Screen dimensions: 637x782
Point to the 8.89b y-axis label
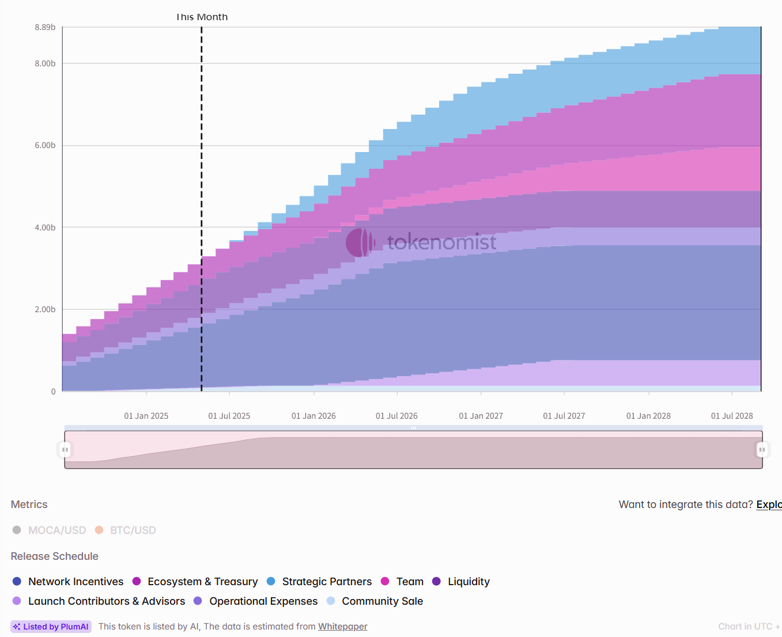pos(45,27)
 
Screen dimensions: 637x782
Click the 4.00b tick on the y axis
pos(45,227)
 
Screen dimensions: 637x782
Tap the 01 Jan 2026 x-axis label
pos(313,416)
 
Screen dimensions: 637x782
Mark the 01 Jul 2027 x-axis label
pos(564,416)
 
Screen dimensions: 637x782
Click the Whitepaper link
pos(342,627)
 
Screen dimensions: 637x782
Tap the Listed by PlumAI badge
pos(51,627)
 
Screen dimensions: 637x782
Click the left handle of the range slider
pos(65,450)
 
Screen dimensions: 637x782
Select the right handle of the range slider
pos(762,450)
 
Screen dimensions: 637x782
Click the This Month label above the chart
pos(202,17)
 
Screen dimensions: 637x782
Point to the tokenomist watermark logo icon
pos(360,242)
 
